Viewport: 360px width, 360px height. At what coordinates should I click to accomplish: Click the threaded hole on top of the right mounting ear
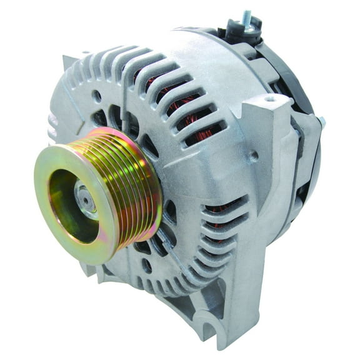point(269,99)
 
